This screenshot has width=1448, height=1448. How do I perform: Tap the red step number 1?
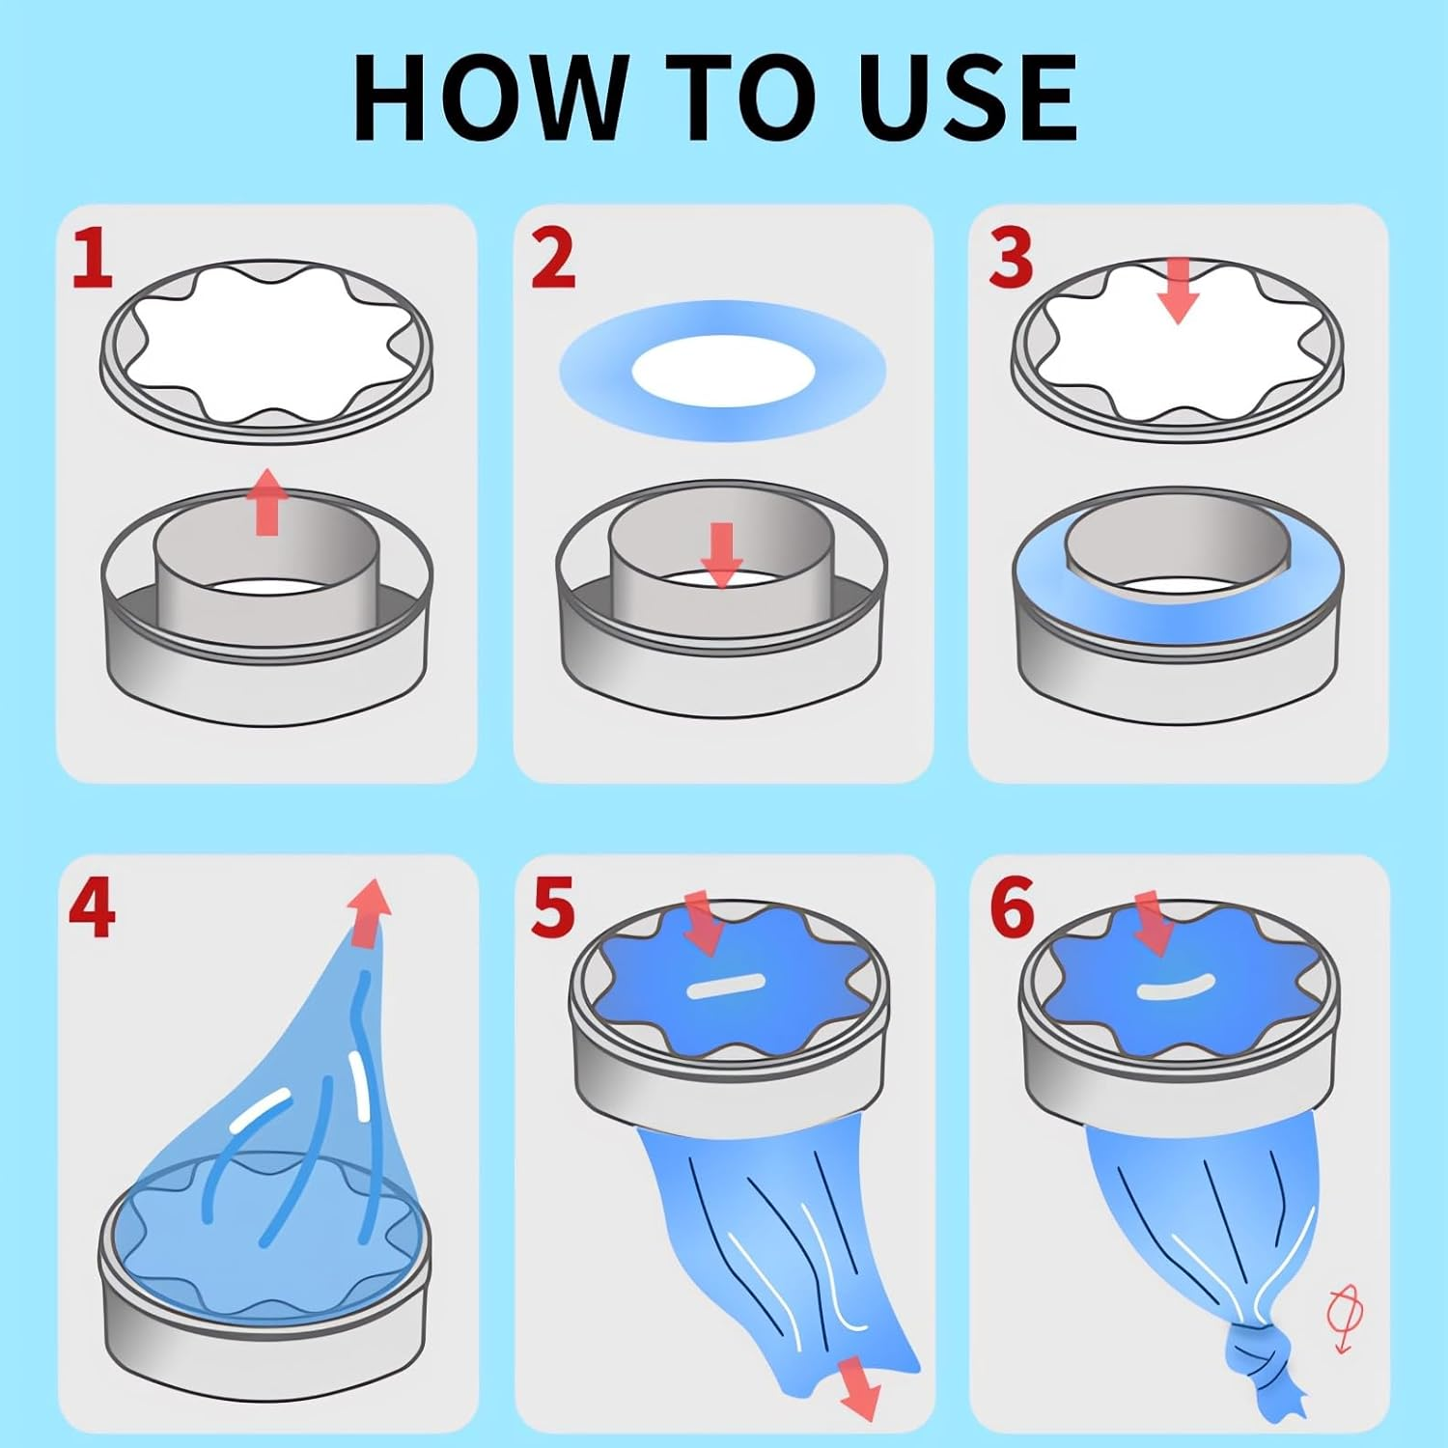[x=93, y=258]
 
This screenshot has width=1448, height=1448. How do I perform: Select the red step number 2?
[x=553, y=258]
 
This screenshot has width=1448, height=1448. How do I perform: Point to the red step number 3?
[x=1010, y=258]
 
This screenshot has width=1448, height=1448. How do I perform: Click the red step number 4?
[x=92, y=908]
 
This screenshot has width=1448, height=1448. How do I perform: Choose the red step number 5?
[x=553, y=908]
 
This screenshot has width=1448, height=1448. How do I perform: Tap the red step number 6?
[x=1012, y=908]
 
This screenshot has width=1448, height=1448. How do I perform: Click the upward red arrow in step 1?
[x=267, y=501]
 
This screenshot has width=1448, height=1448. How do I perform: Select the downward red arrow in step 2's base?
[x=721, y=553]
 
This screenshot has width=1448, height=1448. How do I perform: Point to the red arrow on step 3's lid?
[x=1178, y=290]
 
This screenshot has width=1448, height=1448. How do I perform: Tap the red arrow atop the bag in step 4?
[x=370, y=912]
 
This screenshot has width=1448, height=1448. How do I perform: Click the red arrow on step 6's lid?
[x=1152, y=923]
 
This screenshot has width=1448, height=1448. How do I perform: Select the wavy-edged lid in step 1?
[x=267, y=352]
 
